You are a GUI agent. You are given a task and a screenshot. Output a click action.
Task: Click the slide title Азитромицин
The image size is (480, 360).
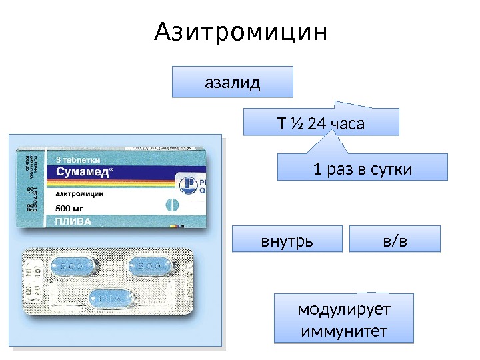[241, 31]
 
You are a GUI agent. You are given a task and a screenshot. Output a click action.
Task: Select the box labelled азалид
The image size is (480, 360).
[232, 83]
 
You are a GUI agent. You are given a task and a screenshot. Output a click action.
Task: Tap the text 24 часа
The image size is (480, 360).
[336, 123]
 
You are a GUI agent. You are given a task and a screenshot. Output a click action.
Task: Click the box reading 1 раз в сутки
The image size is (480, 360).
[362, 169]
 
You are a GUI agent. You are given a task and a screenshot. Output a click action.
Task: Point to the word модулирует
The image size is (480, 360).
[344, 310]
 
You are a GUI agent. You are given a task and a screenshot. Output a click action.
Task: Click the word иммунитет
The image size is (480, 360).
[344, 331]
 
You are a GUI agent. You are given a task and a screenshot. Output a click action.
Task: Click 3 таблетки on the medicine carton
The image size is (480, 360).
[78, 159]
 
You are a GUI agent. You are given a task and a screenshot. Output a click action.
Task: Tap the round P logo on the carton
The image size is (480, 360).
[187, 183]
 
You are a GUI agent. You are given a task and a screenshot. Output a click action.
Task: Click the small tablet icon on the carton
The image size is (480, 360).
[171, 205]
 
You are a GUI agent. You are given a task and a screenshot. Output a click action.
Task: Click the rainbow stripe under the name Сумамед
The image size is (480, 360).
[100, 181]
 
